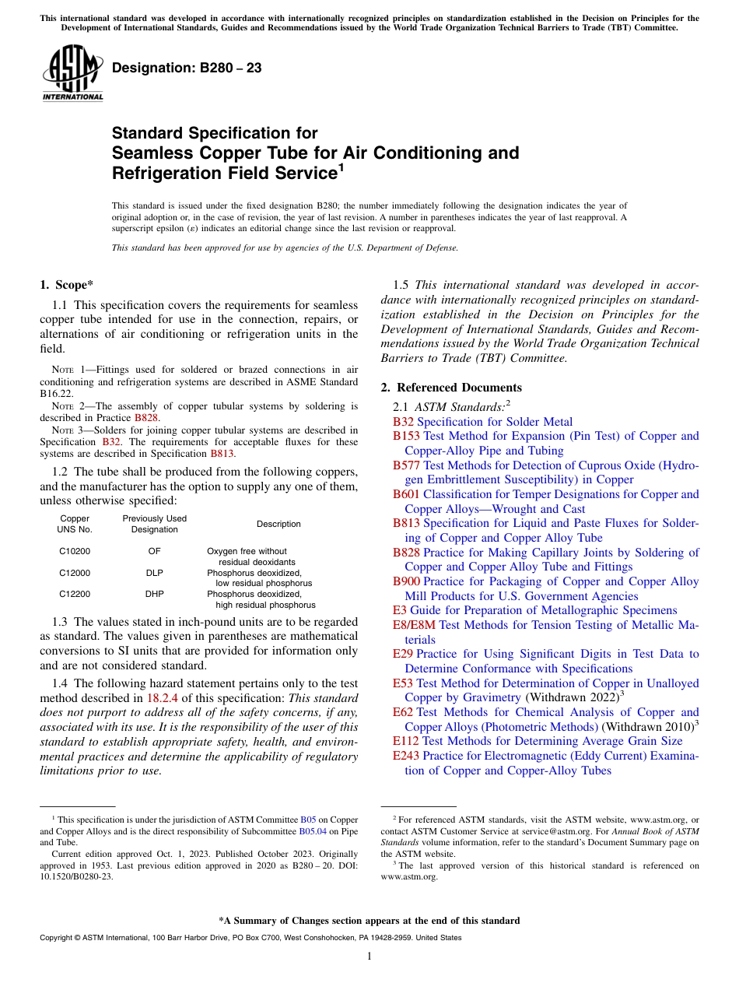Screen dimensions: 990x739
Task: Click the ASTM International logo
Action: click(x=72, y=73)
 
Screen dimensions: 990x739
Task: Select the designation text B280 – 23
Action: click(x=187, y=68)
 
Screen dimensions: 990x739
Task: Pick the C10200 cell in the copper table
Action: click(x=74, y=551)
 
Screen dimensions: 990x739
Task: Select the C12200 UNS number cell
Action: click(x=74, y=593)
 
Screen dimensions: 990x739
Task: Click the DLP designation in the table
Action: click(x=154, y=572)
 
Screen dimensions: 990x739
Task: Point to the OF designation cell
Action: click(x=154, y=551)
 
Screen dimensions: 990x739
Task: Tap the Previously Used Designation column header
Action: click(x=154, y=524)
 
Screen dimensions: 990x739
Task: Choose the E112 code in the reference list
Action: click(x=406, y=741)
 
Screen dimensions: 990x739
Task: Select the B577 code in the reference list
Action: click(x=406, y=465)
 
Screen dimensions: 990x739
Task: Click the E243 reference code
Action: click(x=406, y=756)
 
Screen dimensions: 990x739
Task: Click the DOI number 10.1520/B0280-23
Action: click(x=75, y=876)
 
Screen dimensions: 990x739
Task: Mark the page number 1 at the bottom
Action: click(x=369, y=957)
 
